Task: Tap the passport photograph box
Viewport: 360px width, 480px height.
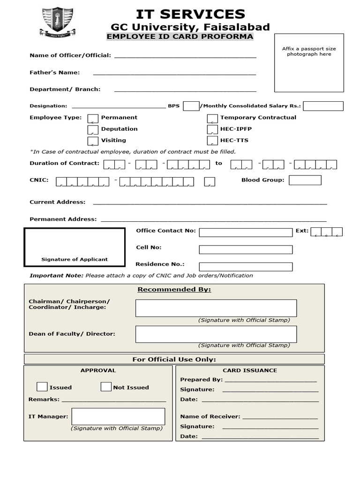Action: (309, 63)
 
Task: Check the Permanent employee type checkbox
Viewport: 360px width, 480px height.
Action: (93, 118)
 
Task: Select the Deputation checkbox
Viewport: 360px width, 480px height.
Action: (93, 129)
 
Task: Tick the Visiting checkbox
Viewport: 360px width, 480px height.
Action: (93, 141)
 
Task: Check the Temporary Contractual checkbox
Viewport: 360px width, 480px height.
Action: (212, 118)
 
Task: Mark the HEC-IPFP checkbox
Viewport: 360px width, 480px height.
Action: (212, 129)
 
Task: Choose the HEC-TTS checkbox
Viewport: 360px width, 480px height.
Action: (212, 141)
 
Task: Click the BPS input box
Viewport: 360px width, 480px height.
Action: (191, 106)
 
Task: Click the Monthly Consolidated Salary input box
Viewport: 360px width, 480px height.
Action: (323, 106)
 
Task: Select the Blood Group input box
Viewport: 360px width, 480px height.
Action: (305, 180)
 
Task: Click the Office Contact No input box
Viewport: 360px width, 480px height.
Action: (246, 232)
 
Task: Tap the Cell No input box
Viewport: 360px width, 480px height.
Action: (246, 249)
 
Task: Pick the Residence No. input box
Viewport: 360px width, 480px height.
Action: (246, 267)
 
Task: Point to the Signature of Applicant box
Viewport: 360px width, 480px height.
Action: (75, 247)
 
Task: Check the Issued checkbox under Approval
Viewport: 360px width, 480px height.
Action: (42, 387)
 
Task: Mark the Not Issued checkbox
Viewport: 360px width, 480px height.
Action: (106, 387)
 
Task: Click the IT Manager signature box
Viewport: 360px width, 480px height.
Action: (118, 416)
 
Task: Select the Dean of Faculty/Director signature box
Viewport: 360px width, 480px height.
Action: (216, 334)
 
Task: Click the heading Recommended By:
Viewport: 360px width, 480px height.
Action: (174, 289)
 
